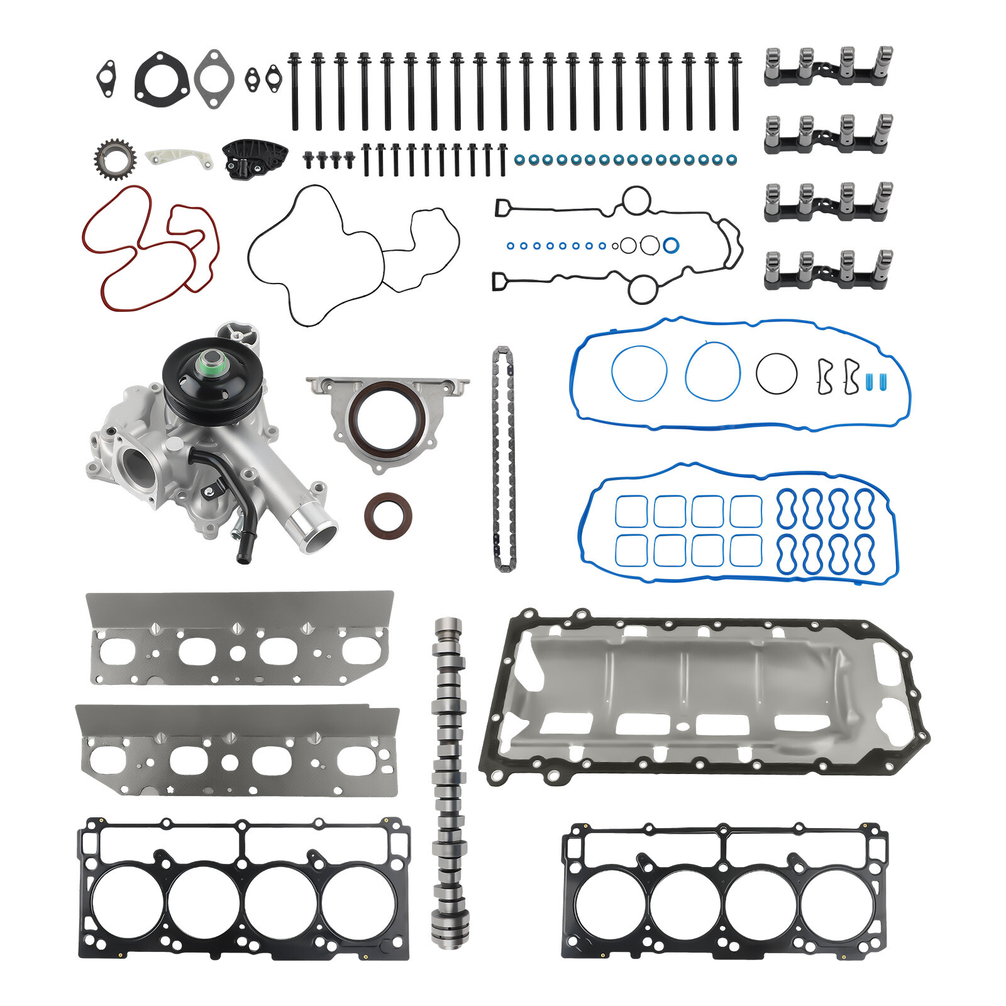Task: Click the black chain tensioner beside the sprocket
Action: [x=253, y=158]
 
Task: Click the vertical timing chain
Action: [x=503, y=459]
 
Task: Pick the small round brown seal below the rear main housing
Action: [x=388, y=516]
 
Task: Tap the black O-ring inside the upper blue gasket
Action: [x=776, y=373]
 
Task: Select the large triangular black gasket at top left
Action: [x=162, y=79]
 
